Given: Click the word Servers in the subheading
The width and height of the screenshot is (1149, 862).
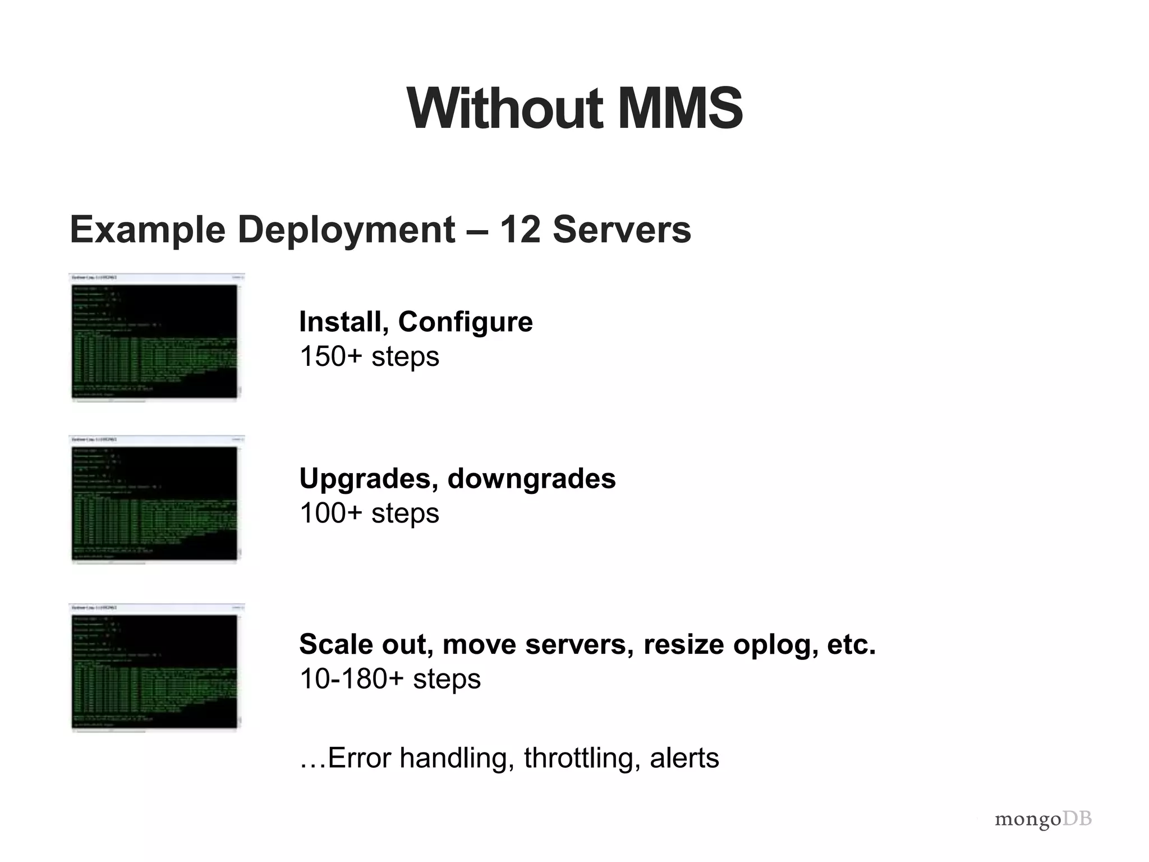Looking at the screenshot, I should [622, 230].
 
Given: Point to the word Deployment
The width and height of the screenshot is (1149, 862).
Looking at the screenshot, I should [346, 231].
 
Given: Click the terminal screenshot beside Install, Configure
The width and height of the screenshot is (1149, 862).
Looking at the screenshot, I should [156, 338].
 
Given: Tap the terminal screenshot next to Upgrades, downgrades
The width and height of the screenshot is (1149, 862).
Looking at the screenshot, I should [156, 499].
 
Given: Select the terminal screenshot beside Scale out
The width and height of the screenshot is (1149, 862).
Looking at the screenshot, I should [156, 668].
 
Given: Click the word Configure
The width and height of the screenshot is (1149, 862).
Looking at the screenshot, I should [465, 323].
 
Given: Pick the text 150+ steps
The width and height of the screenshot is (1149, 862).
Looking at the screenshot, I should [369, 356].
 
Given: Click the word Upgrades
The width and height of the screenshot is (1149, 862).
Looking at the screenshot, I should [369, 479].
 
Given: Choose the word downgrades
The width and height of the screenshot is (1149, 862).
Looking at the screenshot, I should [531, 479].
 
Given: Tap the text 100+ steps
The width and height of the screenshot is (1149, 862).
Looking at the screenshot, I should [369, 513].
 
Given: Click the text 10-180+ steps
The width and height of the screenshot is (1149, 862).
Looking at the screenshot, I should [390, 678].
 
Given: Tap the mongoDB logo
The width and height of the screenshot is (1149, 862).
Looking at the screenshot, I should [1043, 819].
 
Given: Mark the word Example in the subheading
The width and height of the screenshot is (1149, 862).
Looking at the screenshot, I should [147, 231].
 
